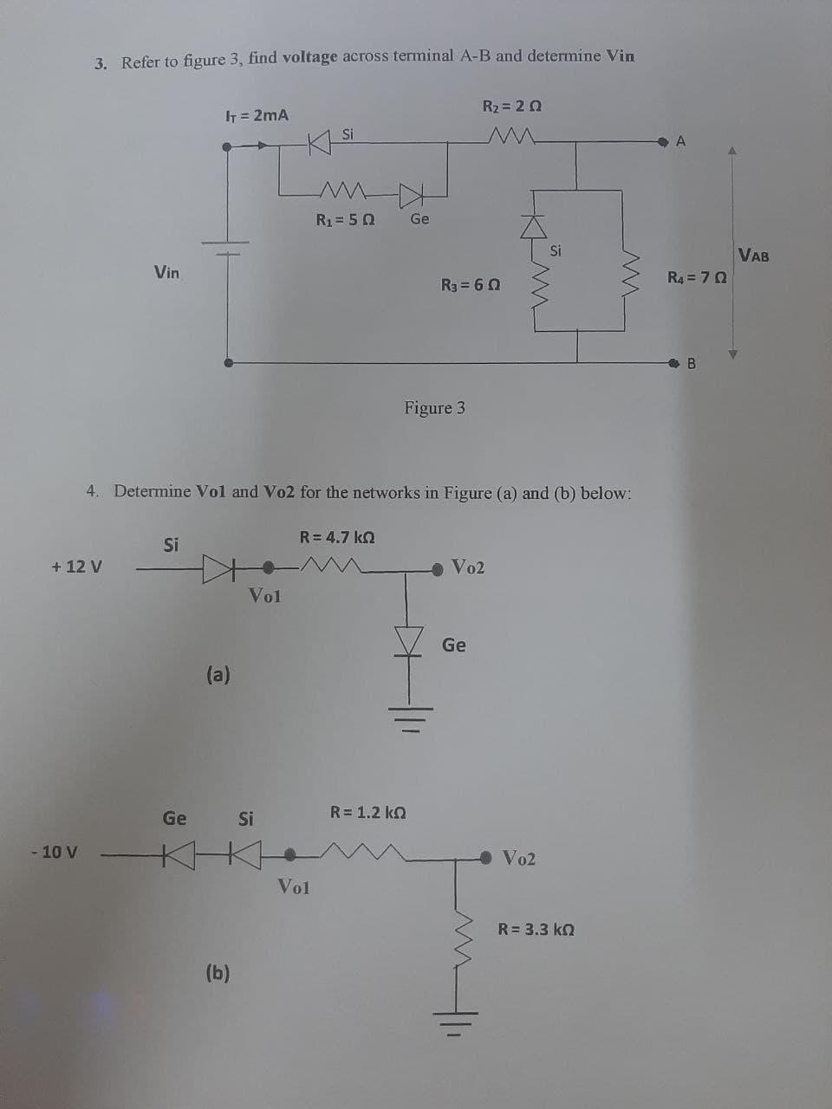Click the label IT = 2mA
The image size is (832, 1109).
257,114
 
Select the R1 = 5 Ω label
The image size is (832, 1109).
345,218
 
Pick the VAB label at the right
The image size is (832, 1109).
753,256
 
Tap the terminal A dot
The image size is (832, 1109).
664,141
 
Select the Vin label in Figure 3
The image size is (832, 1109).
166,272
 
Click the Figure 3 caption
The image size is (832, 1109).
434,407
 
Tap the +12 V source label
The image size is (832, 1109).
76,567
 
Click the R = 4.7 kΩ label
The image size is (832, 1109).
337,536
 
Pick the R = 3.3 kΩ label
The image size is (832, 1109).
536,930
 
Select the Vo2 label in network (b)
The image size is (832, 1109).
519,859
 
